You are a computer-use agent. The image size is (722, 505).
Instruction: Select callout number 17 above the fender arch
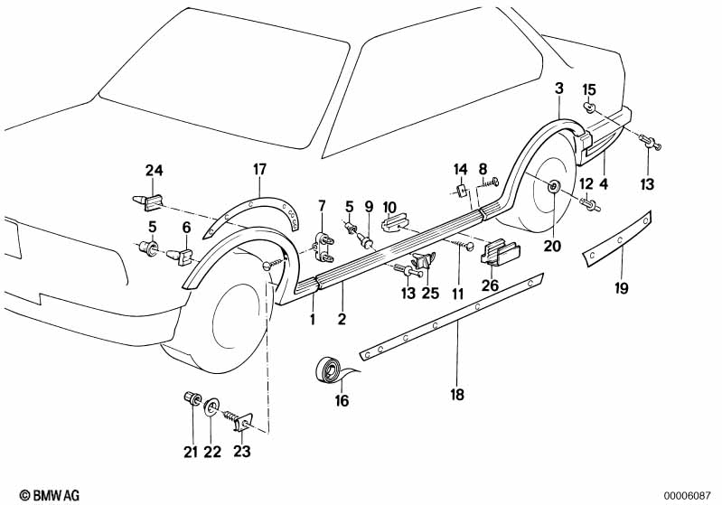coord(260,169)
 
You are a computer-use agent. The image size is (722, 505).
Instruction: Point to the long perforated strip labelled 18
coord(452,311)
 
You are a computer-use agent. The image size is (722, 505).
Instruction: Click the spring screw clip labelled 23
coord(239,418)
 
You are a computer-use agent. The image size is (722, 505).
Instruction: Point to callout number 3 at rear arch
coord(559,89)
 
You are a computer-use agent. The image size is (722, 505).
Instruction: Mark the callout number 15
coord(589,89)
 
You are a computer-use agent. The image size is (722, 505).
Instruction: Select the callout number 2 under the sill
coord(342,319)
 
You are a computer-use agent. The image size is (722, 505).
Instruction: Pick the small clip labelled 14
coord(460,191)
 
